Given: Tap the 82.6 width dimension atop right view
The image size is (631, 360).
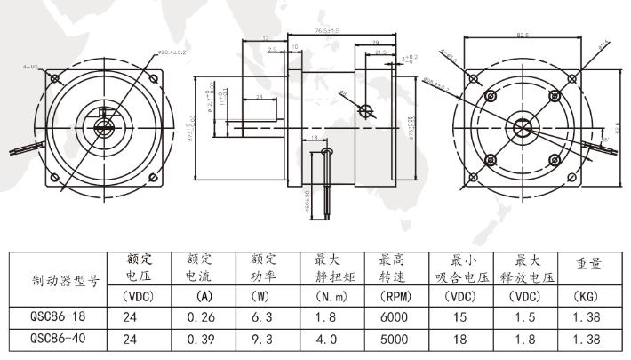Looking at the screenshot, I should [523, 36].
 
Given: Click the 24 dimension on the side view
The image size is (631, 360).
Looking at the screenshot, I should [260, 96].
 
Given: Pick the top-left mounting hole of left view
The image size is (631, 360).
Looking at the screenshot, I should [54, 78].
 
